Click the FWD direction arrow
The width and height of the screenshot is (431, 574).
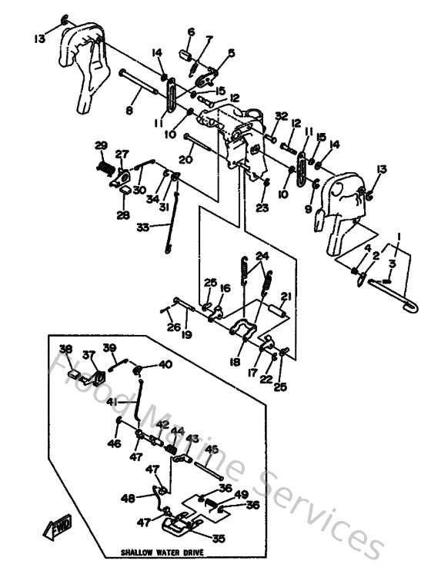58,528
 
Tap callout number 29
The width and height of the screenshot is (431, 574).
100,145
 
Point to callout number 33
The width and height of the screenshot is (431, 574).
143,227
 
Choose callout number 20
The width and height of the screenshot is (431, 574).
185,159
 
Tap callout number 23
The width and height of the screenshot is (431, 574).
263,207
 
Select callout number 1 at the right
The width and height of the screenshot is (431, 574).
399,236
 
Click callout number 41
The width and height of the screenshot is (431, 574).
112,402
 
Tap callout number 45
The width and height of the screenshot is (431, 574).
211,450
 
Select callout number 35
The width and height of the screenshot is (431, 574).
219,539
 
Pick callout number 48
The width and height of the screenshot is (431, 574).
128,498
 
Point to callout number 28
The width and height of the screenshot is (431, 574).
123,216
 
